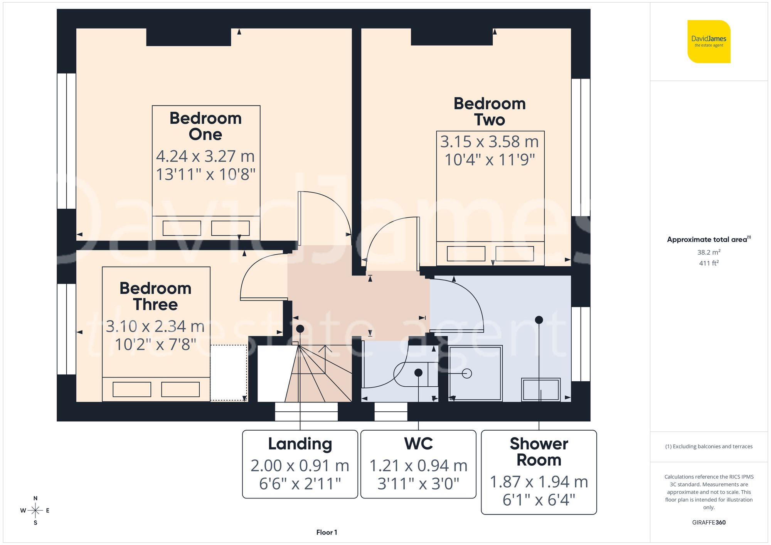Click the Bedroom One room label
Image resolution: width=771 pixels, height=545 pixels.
[205, 126]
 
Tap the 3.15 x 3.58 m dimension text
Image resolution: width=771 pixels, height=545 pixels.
[489, 142]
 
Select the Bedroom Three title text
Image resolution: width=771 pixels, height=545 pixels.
[155, 296]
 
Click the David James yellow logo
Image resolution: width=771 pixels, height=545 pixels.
[709, 42]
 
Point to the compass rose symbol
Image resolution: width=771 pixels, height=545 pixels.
[35, 511]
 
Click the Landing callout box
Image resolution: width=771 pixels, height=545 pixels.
[300, 464]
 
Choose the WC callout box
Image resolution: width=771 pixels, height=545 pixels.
[418, 464]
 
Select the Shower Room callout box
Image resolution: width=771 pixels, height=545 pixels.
[539, 472]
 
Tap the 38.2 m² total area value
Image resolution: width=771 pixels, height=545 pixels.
[709, 252]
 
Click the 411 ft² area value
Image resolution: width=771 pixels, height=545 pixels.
[709, 263]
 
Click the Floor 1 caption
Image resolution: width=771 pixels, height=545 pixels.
[327, 532]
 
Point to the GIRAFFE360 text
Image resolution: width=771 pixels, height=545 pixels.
[709, 523]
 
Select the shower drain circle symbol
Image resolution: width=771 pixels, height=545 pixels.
[467, 373]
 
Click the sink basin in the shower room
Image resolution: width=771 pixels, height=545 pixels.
[540, 389]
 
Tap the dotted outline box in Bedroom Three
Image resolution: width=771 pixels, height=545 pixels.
[229, 372]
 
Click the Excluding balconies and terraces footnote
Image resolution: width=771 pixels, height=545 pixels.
[709, 446]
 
